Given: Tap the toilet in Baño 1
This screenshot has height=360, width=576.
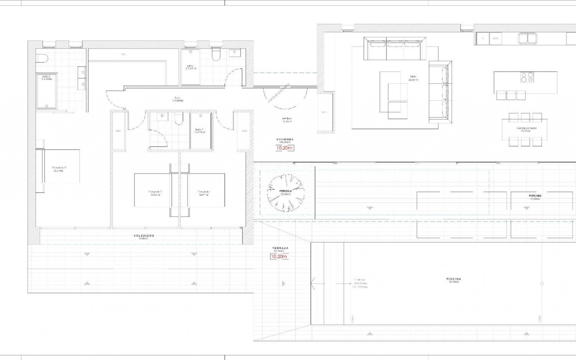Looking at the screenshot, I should pos(216,54).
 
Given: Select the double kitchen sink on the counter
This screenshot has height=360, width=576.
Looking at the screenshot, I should pos(527,38).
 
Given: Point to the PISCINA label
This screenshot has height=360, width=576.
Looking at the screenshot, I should pos(453,279).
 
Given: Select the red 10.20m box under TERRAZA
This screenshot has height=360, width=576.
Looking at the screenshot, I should pos(279,256).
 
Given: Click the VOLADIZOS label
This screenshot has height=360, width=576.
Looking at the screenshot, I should pos(144,236).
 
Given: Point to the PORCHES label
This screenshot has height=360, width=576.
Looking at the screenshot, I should pos(535,196).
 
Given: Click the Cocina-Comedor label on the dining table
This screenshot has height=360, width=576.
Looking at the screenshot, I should pos(525,128).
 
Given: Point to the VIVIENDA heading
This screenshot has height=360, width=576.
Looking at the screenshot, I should pos(285,139).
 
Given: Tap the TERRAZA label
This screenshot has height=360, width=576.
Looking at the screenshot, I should pos(280,248).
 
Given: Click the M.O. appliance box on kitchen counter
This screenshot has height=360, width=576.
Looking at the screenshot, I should pos(496,38).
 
